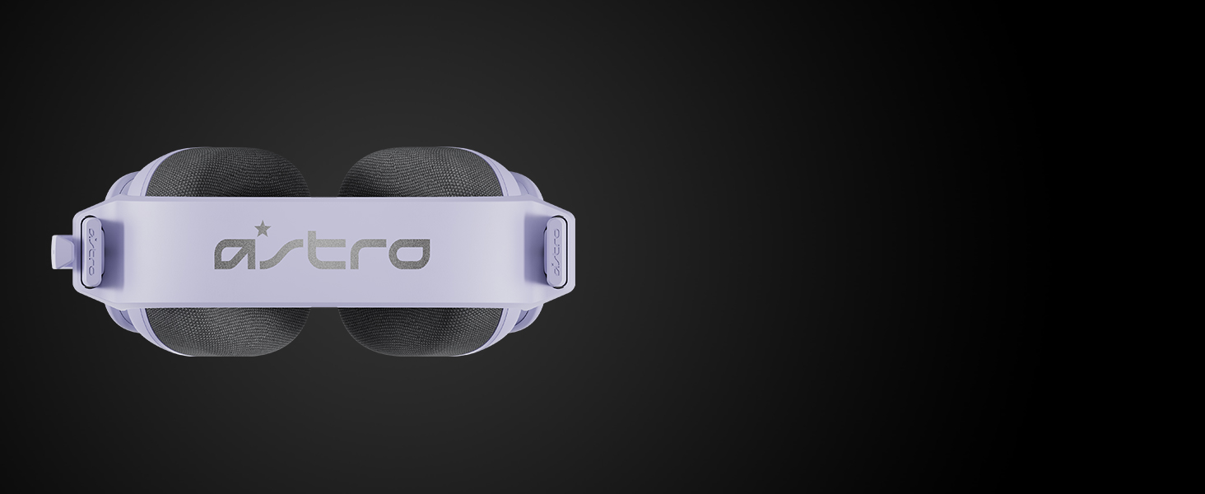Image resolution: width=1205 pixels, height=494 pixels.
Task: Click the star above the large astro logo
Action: coord(263,228)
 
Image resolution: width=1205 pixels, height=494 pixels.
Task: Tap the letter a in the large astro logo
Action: coord(235,254)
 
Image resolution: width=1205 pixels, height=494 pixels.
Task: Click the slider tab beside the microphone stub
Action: coord(92,250)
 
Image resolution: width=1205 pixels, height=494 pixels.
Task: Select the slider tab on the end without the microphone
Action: coord(555,251)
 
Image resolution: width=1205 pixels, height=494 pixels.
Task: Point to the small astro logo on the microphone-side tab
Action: coord(92,251)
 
